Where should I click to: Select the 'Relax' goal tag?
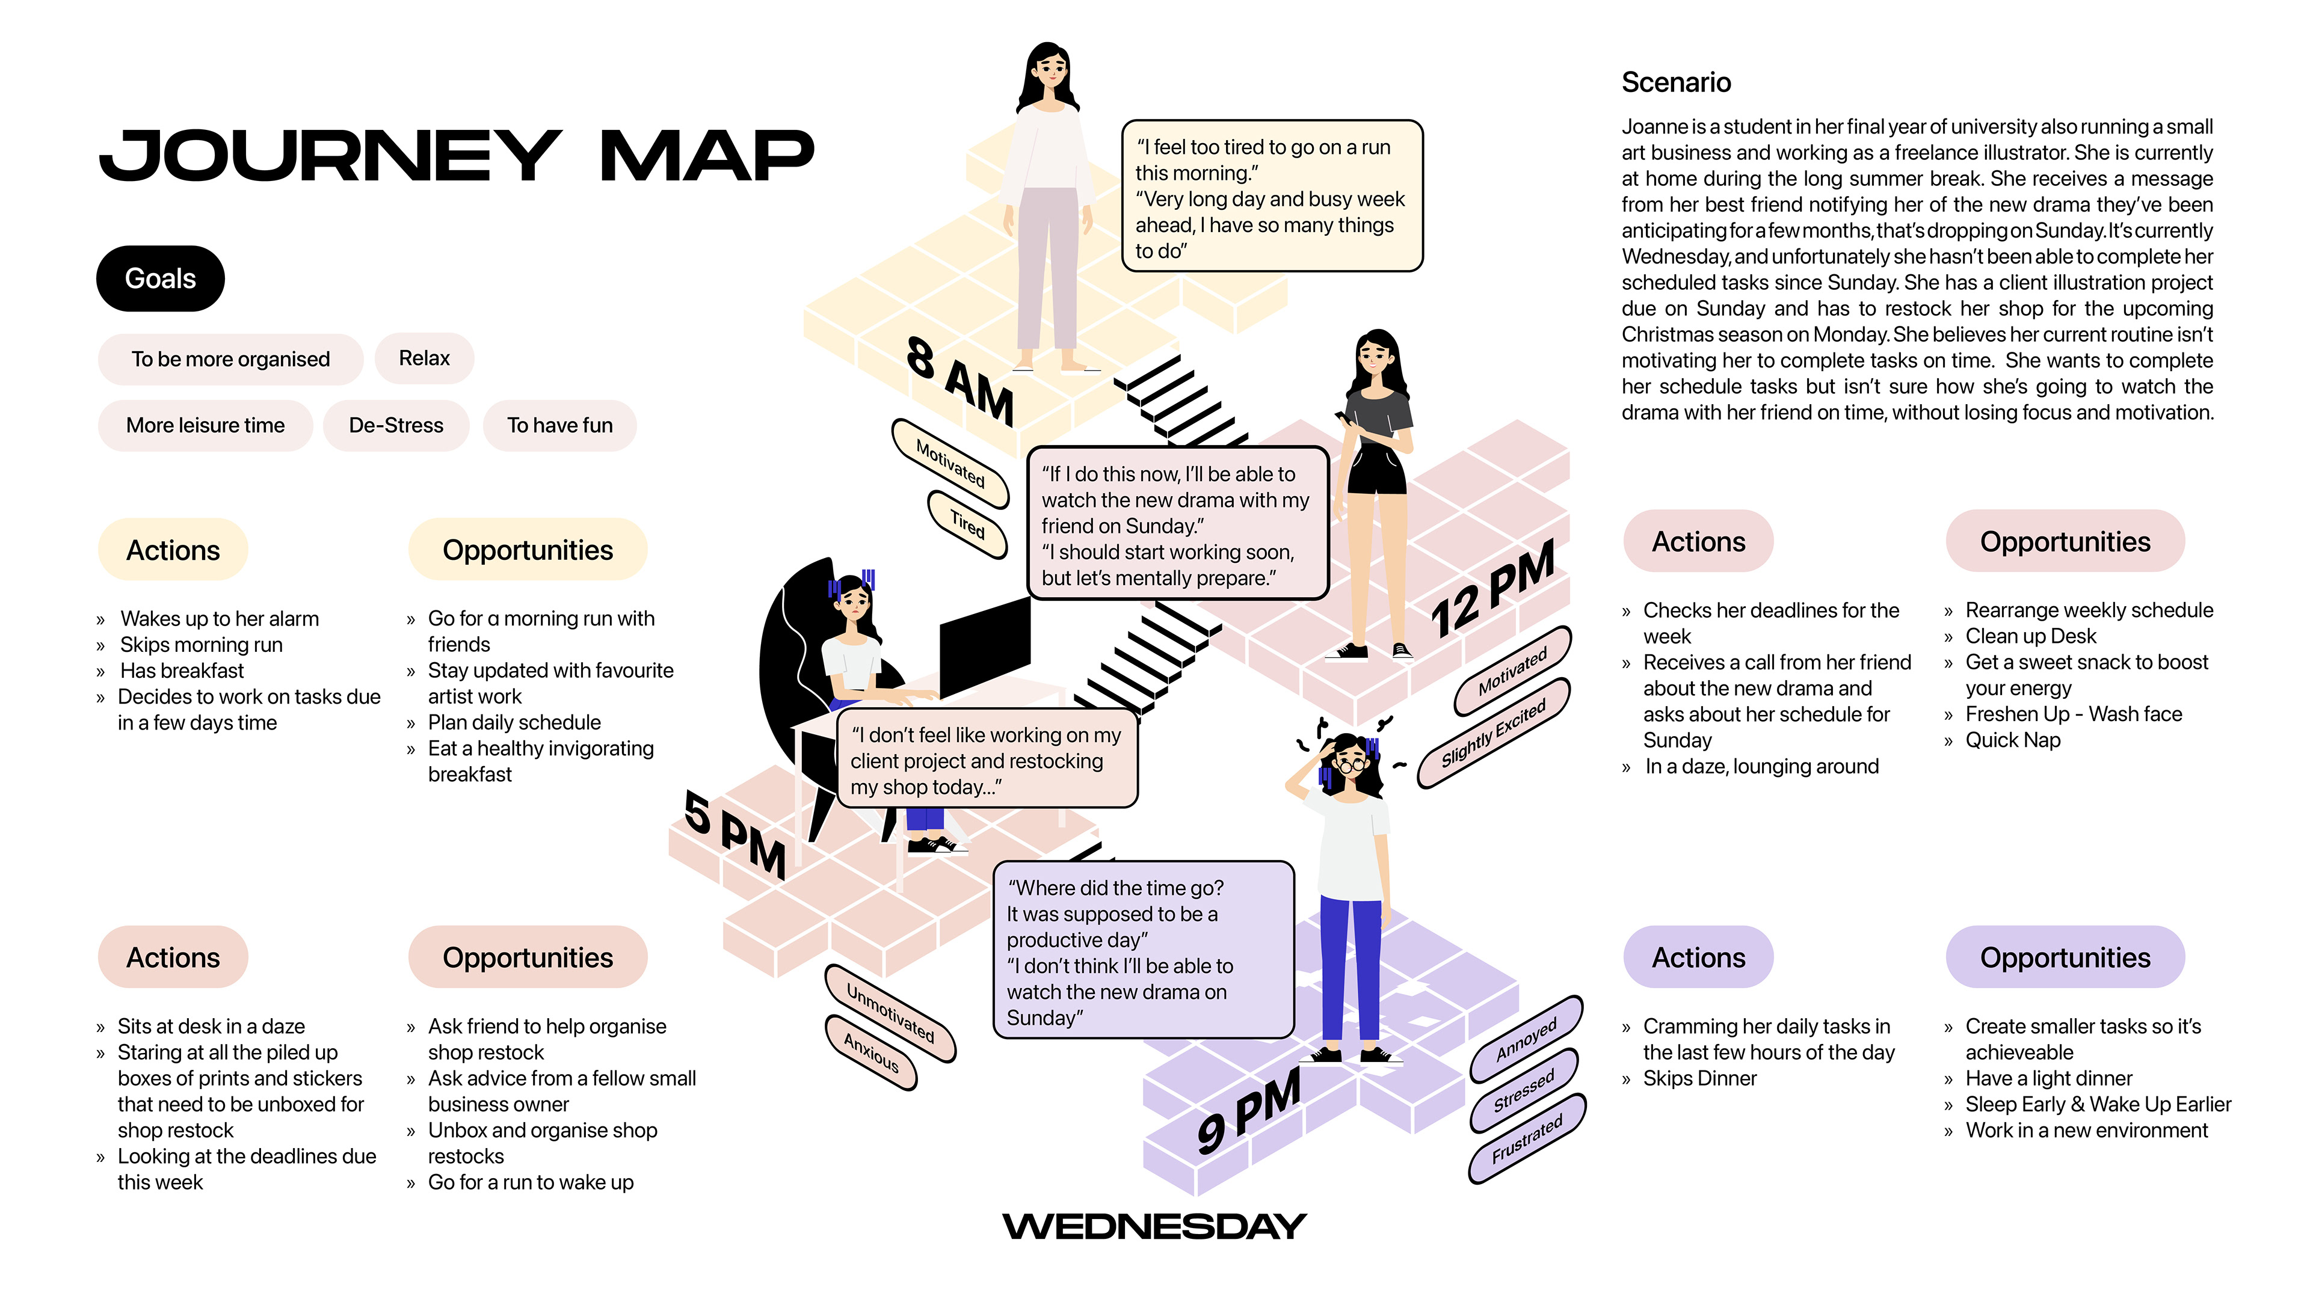(x=424, y=358)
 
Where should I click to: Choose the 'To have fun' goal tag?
(x=559, y=425)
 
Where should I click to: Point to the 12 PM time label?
(x=1492, y=590)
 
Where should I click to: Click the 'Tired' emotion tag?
(x=967, y=524)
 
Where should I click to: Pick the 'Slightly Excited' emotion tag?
(x=1494, y=733)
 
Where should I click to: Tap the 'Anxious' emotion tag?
(x=870, y=1052)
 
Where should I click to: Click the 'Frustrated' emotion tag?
(x=1527, y=1138)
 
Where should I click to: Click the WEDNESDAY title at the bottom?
(x=1154, y=1226)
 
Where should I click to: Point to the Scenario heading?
(x=1676, y=82)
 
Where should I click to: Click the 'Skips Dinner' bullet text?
(x=1699, y=1078)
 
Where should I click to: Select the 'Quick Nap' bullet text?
(x=2012, y=740)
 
